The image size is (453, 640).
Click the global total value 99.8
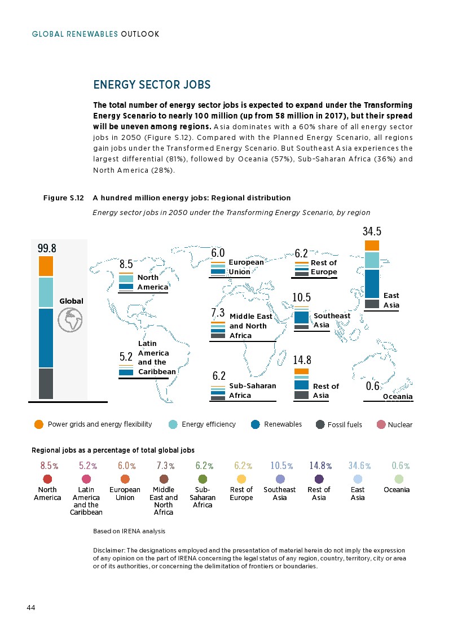tap(47, 248)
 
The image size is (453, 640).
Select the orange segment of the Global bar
tap(46, 266)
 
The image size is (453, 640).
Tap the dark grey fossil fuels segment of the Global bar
tap(46, 383)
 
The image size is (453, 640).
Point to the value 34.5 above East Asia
tap(372, 231)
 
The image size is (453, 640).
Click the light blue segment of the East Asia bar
tap(372, 260)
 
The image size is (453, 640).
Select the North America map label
tap(148, 282)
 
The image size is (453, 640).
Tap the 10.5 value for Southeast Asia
tap(302, 297)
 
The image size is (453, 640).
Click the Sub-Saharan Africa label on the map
tap(252, 391)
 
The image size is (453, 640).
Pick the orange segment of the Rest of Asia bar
tap(302, 371)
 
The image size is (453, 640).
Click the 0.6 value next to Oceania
tap(372, 387)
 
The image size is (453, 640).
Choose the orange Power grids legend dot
tap(39, 424)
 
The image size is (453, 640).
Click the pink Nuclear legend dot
tap(381, 424)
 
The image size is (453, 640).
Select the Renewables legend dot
tap(255, 424)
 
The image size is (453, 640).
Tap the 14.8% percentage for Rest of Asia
tap(320, 466)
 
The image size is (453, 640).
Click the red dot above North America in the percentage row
tap(47, 479)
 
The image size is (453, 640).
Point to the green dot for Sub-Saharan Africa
tap(203, 479)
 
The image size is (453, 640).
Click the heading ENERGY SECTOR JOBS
tap(151, 85)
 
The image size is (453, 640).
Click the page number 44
tap(31, 607)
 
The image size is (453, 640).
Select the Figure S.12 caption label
tap(64, 198)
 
